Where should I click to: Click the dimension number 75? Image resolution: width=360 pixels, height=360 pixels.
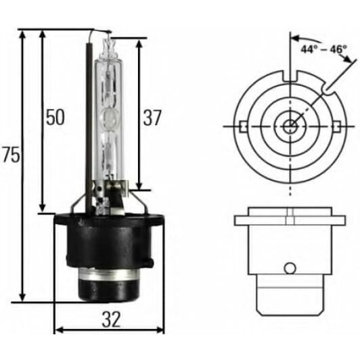[x=11, y=155]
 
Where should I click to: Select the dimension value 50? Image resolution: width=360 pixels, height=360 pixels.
[x=55, y=117]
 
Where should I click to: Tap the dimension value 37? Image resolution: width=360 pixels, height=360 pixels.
[x=153, y=117]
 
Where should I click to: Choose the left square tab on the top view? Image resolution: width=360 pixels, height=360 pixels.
[x=242, y=126]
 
